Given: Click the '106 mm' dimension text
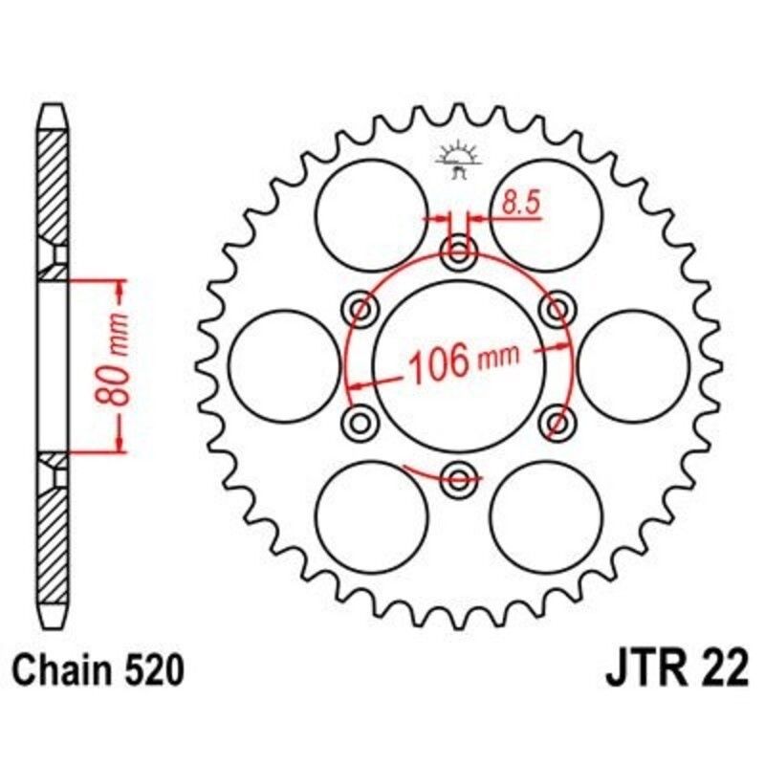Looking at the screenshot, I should point(464,362).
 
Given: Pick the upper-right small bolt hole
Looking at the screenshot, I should point(557,309).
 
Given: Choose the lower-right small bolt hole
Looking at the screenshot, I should point(557,421).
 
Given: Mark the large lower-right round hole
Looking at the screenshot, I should point(546,515).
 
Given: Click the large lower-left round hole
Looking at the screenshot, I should point(372,515).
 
